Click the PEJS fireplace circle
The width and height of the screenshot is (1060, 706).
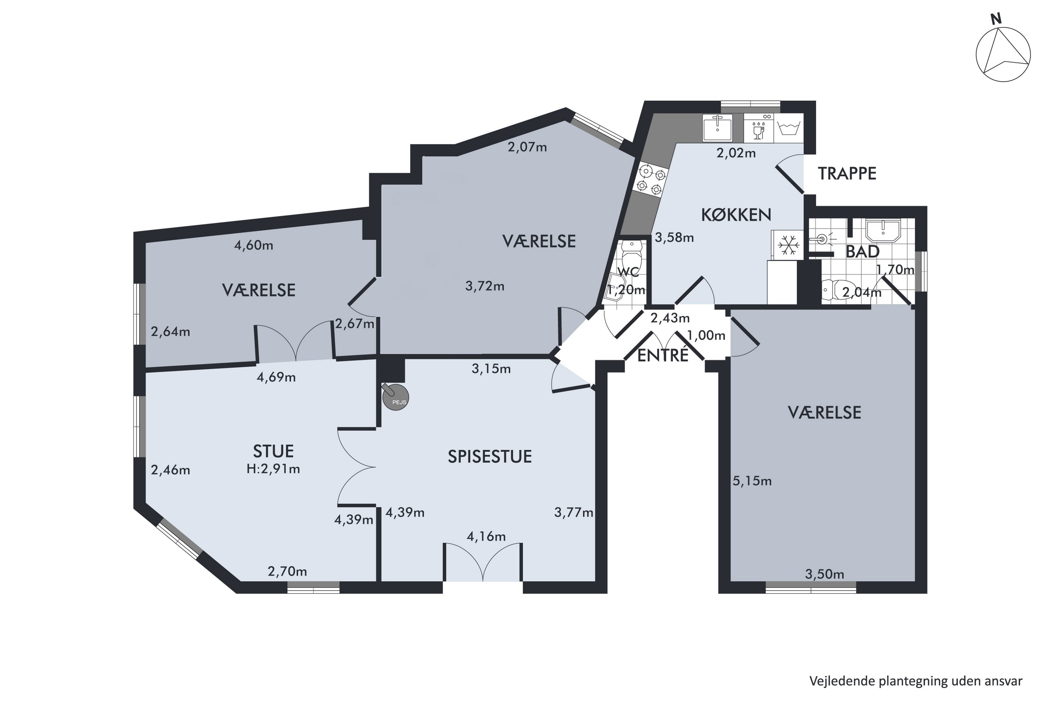click(395, 397)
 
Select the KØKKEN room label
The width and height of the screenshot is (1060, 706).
click(736, 215)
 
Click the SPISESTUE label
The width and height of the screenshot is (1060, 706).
click(489, 456)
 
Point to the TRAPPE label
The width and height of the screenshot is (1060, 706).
click(847, 174)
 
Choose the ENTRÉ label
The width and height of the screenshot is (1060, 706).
click(662, 356)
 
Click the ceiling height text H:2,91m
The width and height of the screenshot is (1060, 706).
click(273, 469)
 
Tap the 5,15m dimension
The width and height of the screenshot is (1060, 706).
click(752, 481)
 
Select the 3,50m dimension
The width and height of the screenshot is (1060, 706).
click(824, 574)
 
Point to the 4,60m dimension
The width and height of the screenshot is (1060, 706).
click(254, 245)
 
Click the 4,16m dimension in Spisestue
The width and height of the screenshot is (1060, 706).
click(486, 536)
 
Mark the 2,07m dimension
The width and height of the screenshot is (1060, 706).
click(527, 147)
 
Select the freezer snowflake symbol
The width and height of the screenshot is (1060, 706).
click(787, 245)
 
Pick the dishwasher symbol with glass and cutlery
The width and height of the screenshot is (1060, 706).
click(759, 128)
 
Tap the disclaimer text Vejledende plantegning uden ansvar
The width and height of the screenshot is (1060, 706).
click(916, 681)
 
